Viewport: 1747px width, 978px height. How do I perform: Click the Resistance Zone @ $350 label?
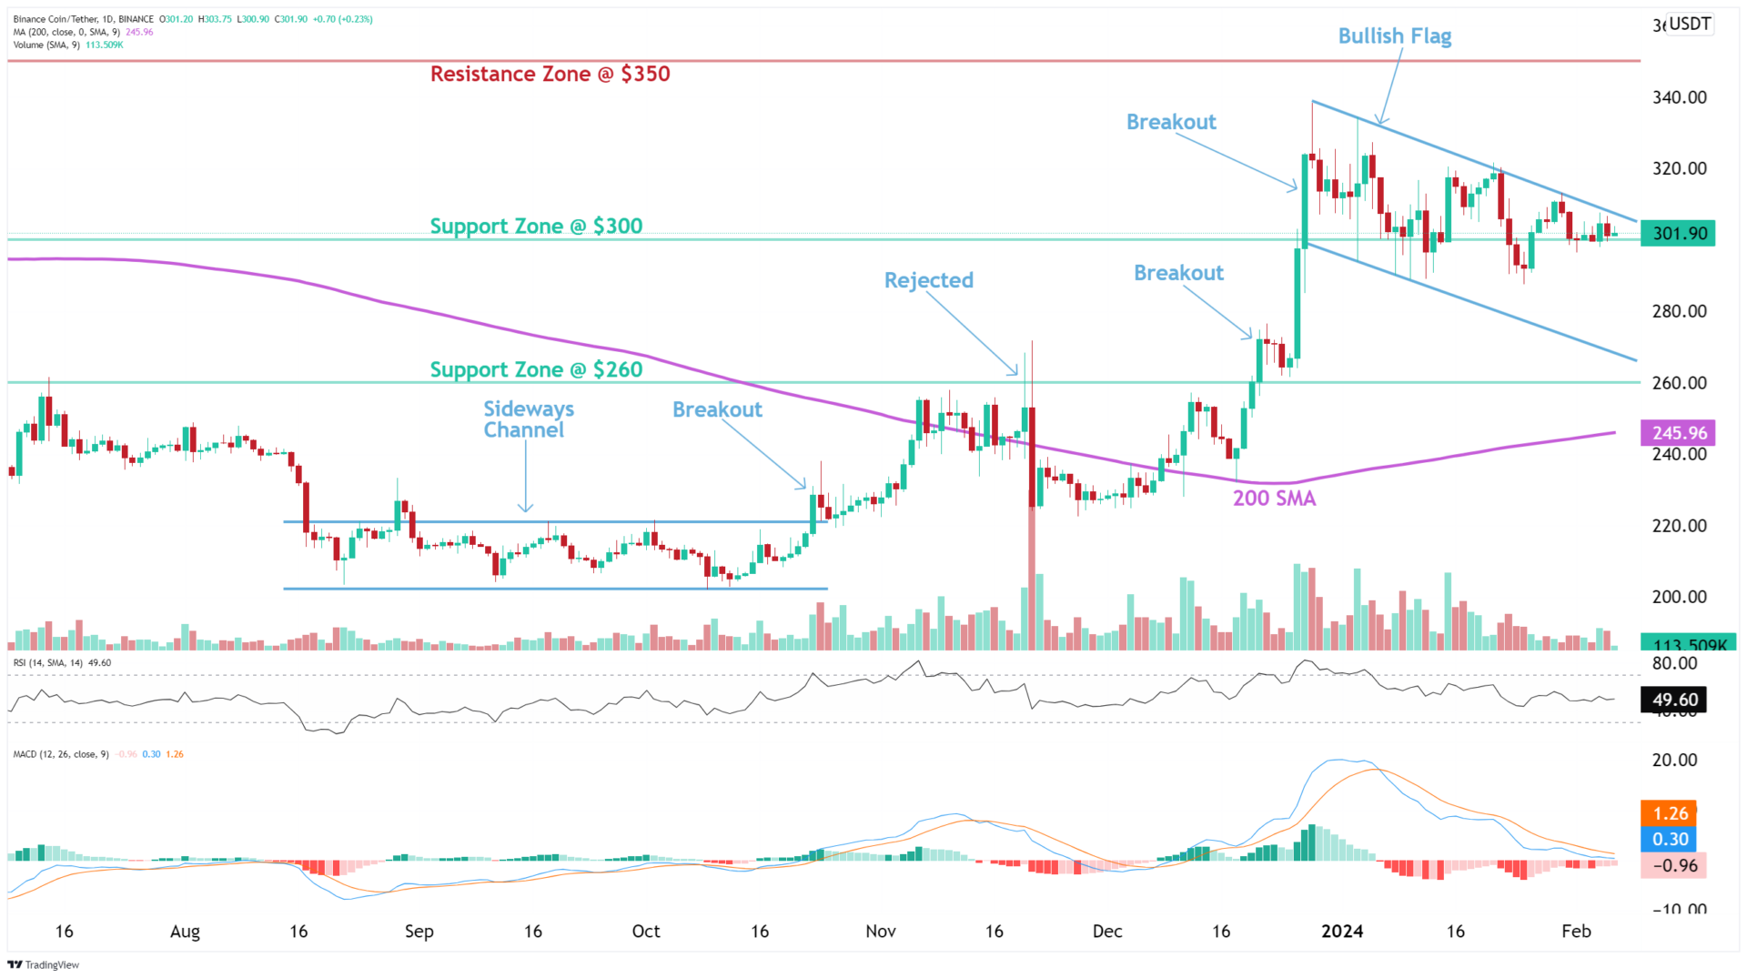click(x=550, y=75)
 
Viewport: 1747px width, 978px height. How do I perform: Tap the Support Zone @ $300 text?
click(x=536, y=227)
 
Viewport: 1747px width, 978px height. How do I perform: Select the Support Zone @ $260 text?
click(x=536, y=370)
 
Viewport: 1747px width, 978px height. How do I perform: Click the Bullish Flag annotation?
click(x=1394, y=36)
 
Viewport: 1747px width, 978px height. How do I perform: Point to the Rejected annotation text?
click(x=928, y=280)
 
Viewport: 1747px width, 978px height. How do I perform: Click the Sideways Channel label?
click(x=527, y=419)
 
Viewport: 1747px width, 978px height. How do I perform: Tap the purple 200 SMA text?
click(x=1274, y=499)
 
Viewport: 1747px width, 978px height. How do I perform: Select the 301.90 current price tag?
click(x=1678, y=234)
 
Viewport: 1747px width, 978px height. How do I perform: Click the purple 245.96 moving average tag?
click(x=1678, y=433)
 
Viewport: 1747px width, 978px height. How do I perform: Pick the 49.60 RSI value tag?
click(x=1674, y=700)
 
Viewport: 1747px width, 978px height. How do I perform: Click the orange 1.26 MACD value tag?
click(x=1670, y=813)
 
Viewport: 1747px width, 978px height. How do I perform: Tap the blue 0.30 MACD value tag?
click(x=1670, y=839)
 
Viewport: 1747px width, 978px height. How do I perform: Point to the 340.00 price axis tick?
click(x=1679, y=97)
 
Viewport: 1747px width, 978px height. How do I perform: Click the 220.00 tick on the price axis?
click(x=1679, y=526)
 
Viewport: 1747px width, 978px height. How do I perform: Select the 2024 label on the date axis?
click(x=1342, y=931)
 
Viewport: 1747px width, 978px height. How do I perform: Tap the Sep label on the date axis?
click(x=419, y=931)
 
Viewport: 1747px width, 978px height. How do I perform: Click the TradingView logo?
click(x=44, y=964)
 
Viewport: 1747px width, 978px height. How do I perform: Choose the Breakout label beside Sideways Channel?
click(x=717, y=410)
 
